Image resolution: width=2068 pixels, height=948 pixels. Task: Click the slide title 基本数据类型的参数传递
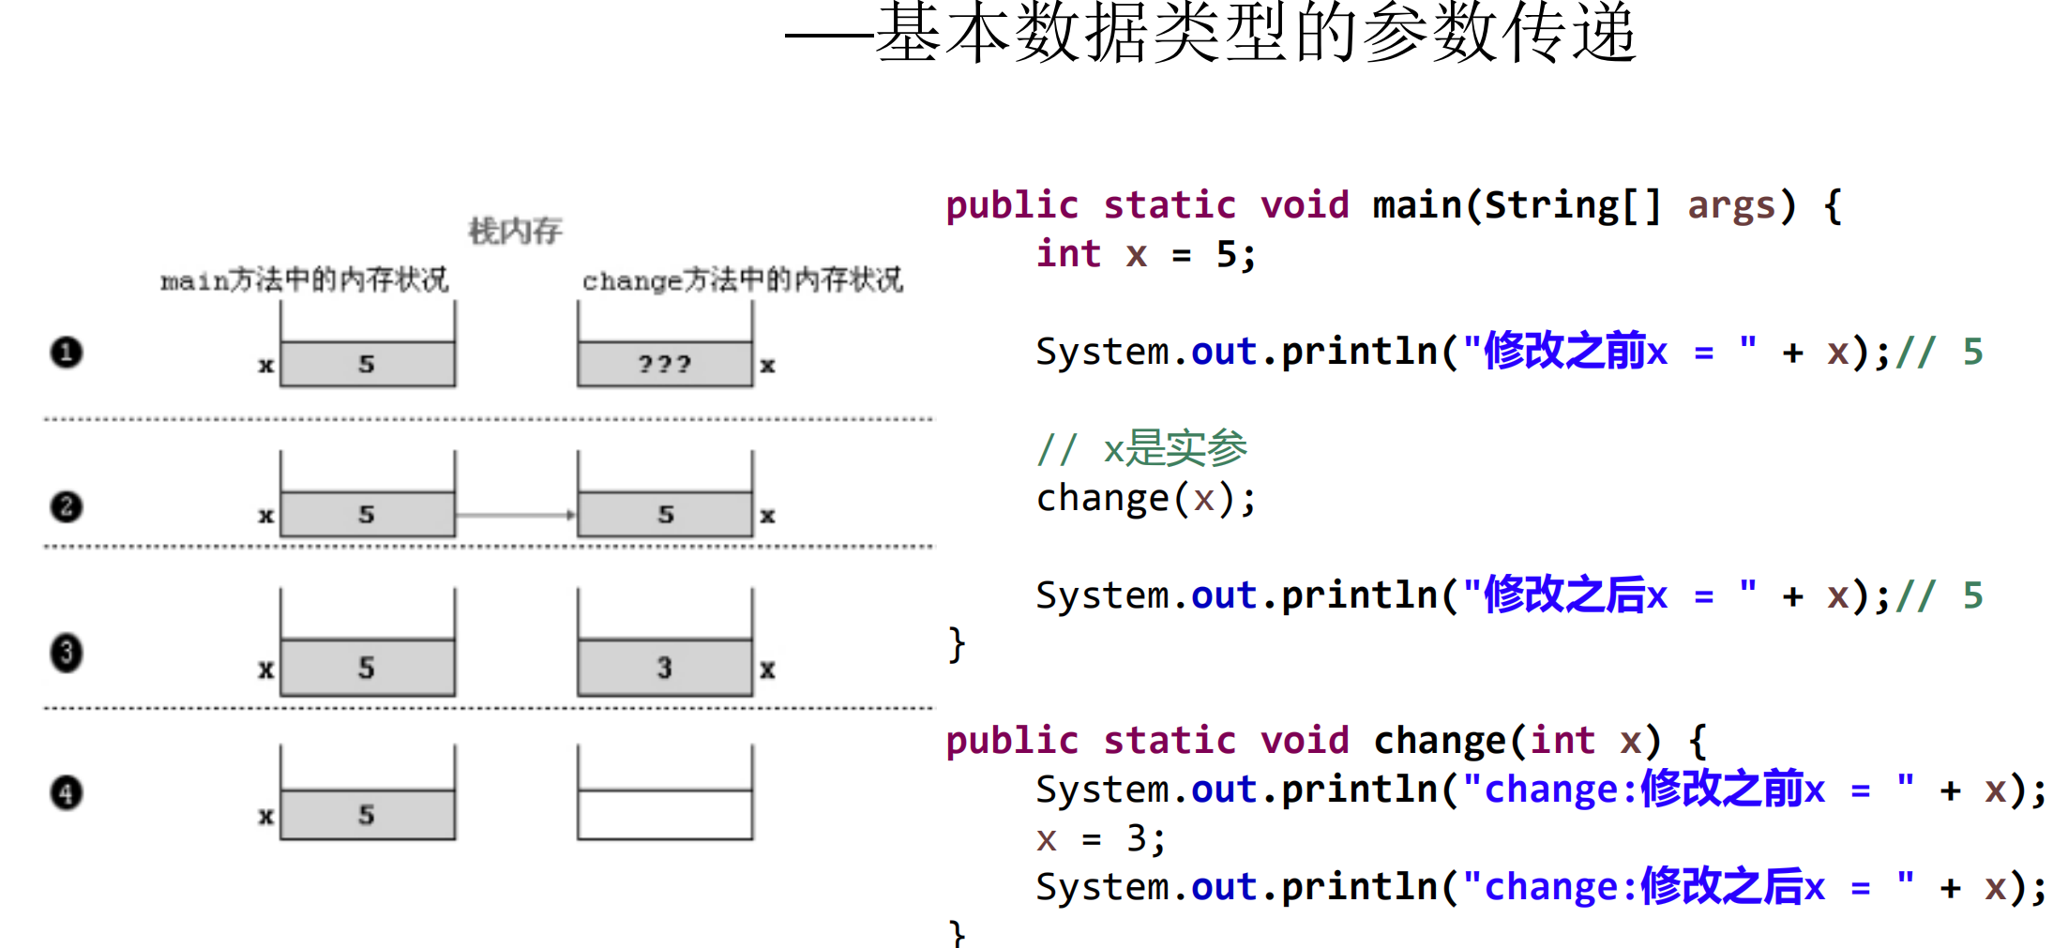(1257, 34)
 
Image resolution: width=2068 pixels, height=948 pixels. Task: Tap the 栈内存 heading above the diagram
(515, 231)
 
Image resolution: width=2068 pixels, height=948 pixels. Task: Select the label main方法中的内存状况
(304, 279)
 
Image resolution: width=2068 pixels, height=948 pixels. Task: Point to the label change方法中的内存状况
(742, 279)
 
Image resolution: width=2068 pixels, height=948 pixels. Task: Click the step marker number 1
(67, 353)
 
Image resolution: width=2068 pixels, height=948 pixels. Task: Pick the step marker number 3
(67, 653)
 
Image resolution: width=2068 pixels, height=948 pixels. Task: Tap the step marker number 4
(67, 792)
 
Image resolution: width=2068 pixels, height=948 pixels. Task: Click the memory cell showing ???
(664, 364)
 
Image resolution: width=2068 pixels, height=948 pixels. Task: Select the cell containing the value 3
(664, 668)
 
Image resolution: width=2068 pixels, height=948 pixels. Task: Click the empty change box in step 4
(664, 814)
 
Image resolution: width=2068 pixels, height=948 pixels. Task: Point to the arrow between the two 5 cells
(516, 515)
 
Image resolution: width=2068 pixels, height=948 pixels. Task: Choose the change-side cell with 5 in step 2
(664, 515)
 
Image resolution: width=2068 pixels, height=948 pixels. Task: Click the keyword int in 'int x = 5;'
(1068, 254)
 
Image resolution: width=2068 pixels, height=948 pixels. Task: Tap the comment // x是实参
(1141, 449)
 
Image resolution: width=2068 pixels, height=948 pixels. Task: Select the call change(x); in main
(1145, 498)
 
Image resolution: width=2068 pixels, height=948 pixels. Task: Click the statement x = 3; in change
(1100, 838)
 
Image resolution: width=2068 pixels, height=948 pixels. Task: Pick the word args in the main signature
(1731, 205)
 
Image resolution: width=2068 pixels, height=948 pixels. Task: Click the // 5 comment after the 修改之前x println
(1940, 353)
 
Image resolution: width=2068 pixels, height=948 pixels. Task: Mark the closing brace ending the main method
(956, 644)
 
